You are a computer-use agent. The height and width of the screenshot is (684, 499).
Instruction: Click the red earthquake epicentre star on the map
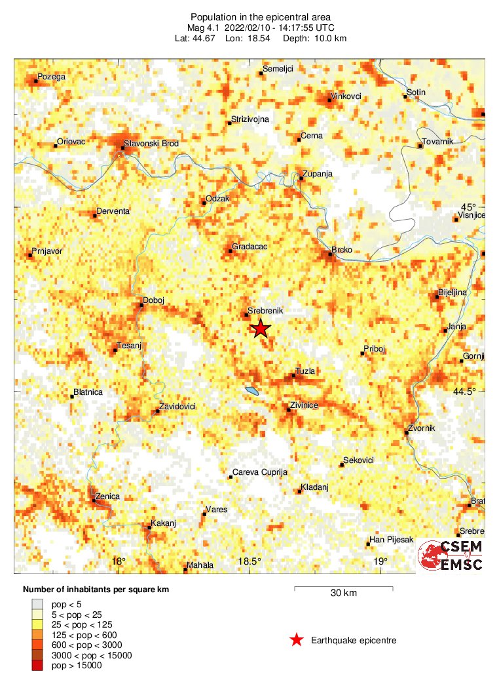261,328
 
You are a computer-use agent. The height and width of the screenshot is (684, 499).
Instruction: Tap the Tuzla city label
305,371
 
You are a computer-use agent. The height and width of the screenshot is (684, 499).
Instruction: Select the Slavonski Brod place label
151,144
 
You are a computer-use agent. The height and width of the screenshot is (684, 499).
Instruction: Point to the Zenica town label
107,496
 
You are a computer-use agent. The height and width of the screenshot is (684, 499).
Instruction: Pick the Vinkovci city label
346,96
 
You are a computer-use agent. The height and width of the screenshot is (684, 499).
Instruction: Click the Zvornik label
421,428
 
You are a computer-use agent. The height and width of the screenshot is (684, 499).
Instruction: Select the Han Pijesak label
392,540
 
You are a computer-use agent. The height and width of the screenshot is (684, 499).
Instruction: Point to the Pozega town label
52,77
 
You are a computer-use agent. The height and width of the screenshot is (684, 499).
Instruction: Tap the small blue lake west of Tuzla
252,392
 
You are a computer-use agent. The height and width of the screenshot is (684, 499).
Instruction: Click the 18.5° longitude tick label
249,561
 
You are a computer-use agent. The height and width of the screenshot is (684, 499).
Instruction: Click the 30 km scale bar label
343,593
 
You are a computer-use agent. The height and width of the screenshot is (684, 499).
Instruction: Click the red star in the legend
297,640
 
